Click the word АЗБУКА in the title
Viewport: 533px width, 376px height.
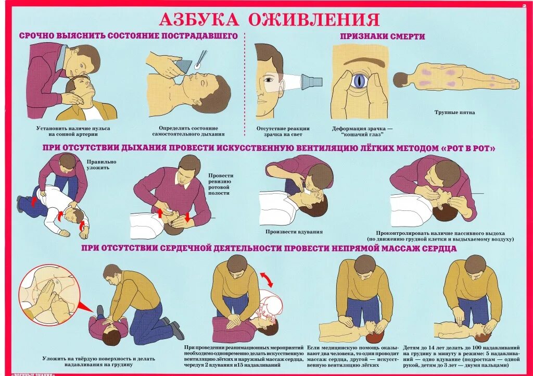pyautogui.click(x=198, y=19)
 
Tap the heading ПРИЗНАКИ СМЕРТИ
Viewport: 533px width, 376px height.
pyautogui.click(x=382, y=36)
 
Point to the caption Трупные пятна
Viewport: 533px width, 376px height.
pyautogui.click(x=454, y=112)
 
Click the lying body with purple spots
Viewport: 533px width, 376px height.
pyautogui.click(x=456, y=79)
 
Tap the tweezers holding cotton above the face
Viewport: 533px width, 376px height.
pyautogui.click(x=199, y=60)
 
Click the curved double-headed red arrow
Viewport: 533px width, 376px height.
pyautogui.click(x=266, y=278)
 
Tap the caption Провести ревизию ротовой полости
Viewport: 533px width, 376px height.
pyautogui.click(x=220, y=184)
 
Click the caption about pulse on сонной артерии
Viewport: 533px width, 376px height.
pyautogui.click(x=73, y=131)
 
